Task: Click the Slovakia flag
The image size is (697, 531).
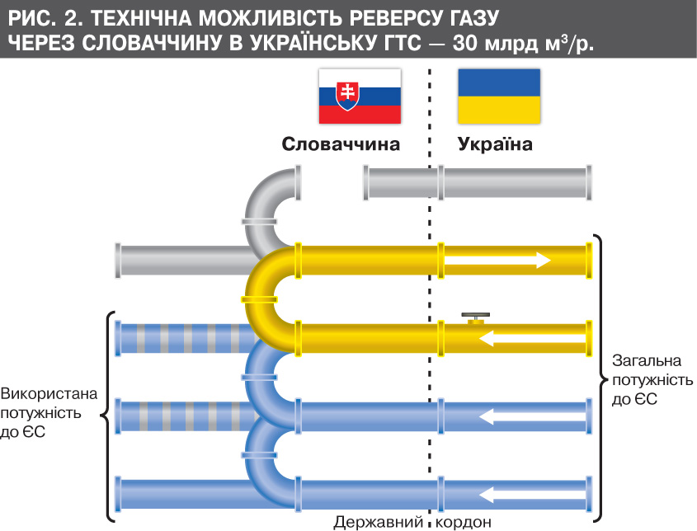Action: [360, 96]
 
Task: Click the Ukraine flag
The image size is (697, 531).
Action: [499, 96]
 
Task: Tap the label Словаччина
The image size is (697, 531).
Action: [341, 144]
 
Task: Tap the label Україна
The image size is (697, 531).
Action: [495, 144]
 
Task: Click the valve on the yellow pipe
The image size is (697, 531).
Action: [475, 318]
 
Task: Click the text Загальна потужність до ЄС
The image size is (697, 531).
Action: [643, 380]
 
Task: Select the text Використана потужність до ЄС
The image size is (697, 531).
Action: [41, 411]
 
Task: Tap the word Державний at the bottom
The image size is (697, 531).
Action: [379, 522]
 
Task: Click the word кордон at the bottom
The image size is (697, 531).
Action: [465, 522]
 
